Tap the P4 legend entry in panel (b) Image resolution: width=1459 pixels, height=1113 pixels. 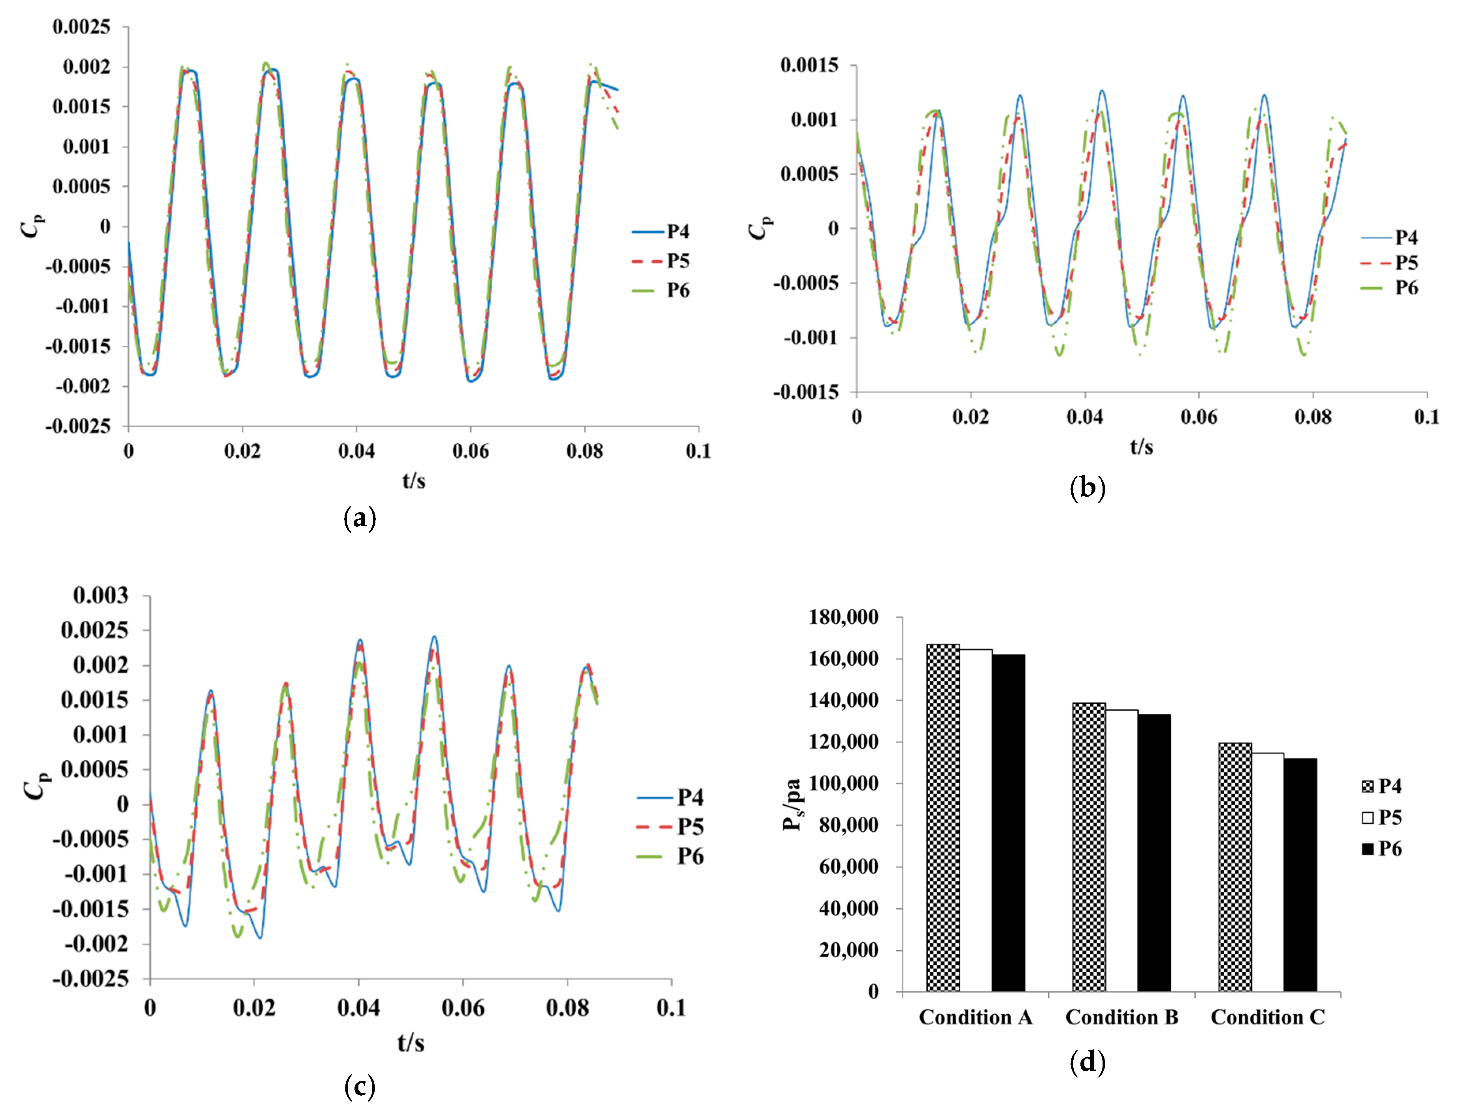(x=1390, y=237)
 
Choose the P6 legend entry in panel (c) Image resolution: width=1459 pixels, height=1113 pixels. (x=671, y=856)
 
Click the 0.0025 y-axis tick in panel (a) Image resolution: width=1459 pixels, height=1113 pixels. (x=81, y=27)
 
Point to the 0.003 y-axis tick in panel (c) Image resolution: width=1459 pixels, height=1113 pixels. (x=101, y=595)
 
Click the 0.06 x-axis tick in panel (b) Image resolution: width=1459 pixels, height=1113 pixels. (x=1199, y=417)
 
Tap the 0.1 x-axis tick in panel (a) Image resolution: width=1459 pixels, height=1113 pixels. (x=698, y=451)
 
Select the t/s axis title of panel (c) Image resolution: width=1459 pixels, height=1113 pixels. (x=411, y=1043)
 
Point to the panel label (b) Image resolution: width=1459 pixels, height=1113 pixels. (x=1087, y=488)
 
